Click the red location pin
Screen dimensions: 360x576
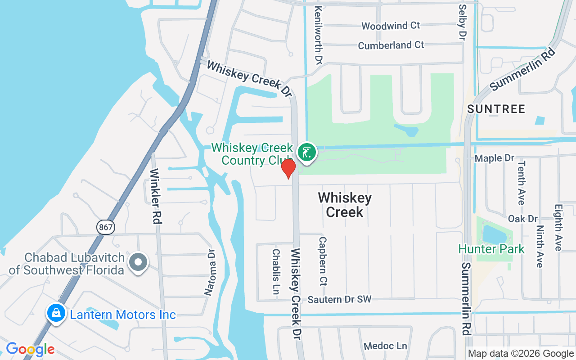(x=288, y=168)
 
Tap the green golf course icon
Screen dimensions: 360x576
(x=307, y=152)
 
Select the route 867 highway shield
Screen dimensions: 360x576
(x=105, y=227)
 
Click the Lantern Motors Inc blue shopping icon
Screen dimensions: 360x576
(x=56, y=313)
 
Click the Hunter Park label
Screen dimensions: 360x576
(x=491, y=249)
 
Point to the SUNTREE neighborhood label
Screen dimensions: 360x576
(x=496, y=109)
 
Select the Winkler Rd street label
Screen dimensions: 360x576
(x=156, y=196)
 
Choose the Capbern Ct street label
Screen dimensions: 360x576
(x=322, y=262)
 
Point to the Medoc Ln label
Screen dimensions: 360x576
(x=385, y=346)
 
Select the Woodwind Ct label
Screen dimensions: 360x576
(x=391, y=26)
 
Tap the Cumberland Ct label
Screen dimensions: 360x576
(x=391, y=45)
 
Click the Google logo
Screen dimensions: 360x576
(x=30, y=349)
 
